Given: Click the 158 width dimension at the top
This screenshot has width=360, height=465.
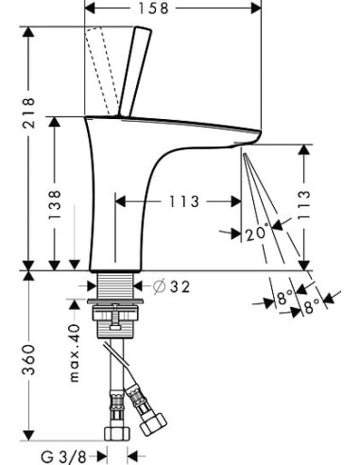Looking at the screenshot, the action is [154, 8].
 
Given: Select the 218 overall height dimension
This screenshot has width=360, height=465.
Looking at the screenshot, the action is [28, 112].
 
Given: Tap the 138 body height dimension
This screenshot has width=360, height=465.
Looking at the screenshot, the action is [54, 204].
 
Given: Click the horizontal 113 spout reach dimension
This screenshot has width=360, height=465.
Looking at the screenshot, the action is [184, 201].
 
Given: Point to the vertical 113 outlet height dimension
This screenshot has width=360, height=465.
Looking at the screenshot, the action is [303, 205].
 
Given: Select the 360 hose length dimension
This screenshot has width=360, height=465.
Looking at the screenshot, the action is [28, 359].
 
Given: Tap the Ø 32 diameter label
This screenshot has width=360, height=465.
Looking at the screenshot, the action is [172, 286].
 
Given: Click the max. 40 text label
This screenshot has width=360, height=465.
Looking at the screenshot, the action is [75, 353].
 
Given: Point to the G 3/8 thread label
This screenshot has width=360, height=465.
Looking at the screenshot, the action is [63, 456].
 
